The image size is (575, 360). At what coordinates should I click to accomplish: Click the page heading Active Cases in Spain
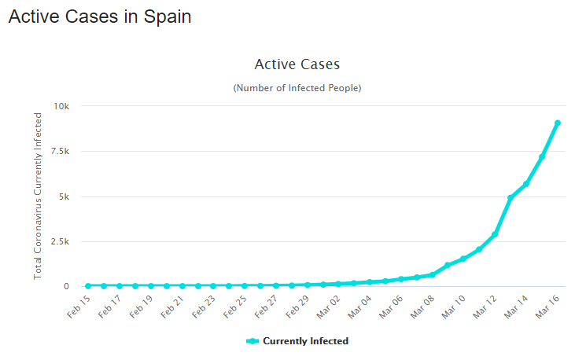click(100, 17)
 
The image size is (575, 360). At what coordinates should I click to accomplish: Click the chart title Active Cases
click(297, 64)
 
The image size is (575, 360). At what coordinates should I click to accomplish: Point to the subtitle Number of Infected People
click(297, 88)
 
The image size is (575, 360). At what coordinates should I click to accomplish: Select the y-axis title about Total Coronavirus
click(38, 196)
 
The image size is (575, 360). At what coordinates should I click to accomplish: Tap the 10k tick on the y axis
click(61, 106)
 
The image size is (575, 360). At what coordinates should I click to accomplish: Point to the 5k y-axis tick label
click(64, 197)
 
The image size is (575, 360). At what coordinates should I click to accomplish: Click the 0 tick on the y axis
click(66, 286)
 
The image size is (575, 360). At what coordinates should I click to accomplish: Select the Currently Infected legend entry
click(297, 341)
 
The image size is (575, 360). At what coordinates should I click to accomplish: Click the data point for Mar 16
click(557, 123)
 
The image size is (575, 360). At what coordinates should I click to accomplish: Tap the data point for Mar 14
click(525, 184)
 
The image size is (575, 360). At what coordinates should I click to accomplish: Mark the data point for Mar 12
click(495, 234)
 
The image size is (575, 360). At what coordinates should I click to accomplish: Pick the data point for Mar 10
click(463, 259)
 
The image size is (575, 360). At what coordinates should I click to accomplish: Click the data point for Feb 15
click(88, 285)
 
